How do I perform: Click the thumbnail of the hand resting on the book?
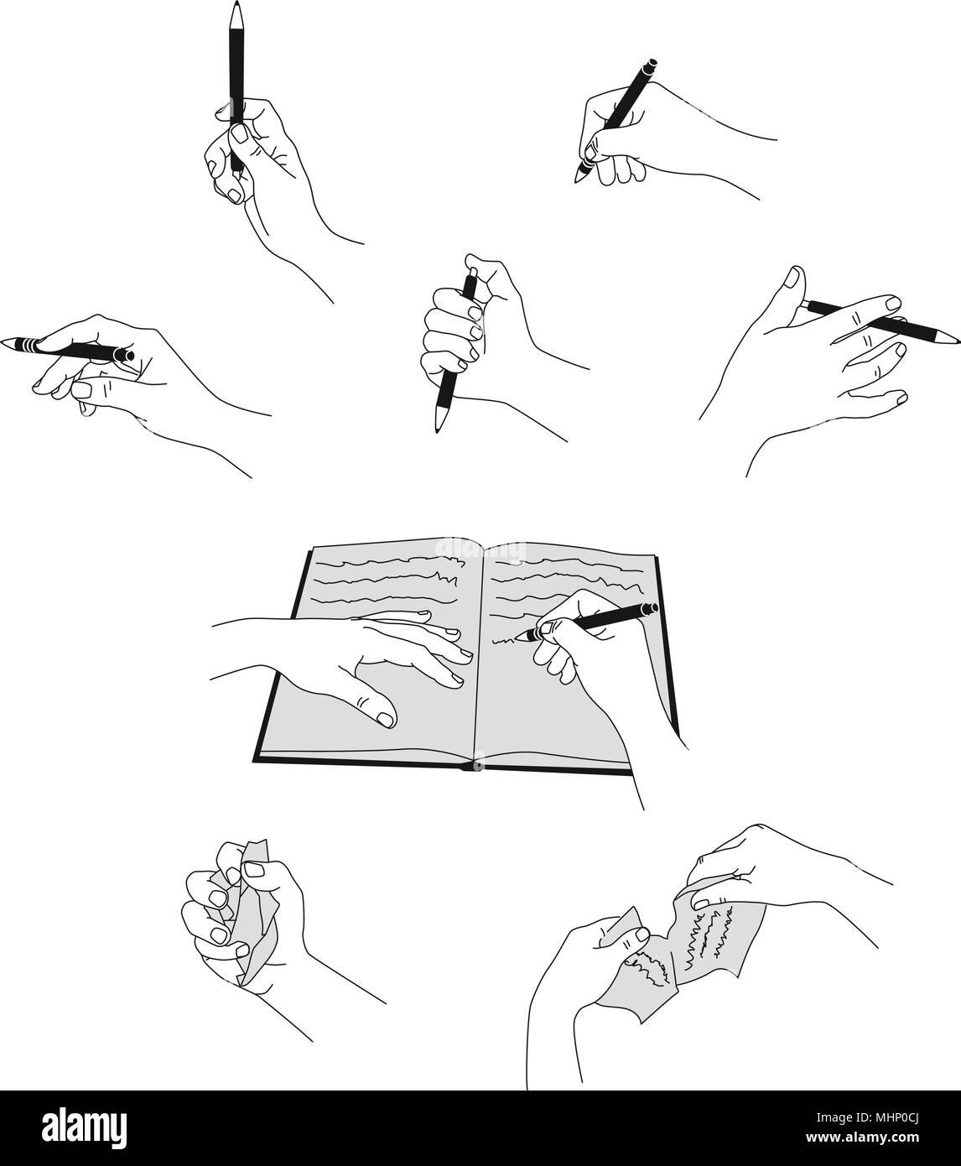(385, 719)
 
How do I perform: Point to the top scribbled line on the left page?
(392, 561)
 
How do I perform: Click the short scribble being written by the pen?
(504, 641)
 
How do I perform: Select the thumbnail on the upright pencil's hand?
(240, 133)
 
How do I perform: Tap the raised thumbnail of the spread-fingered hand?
(792, 277)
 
